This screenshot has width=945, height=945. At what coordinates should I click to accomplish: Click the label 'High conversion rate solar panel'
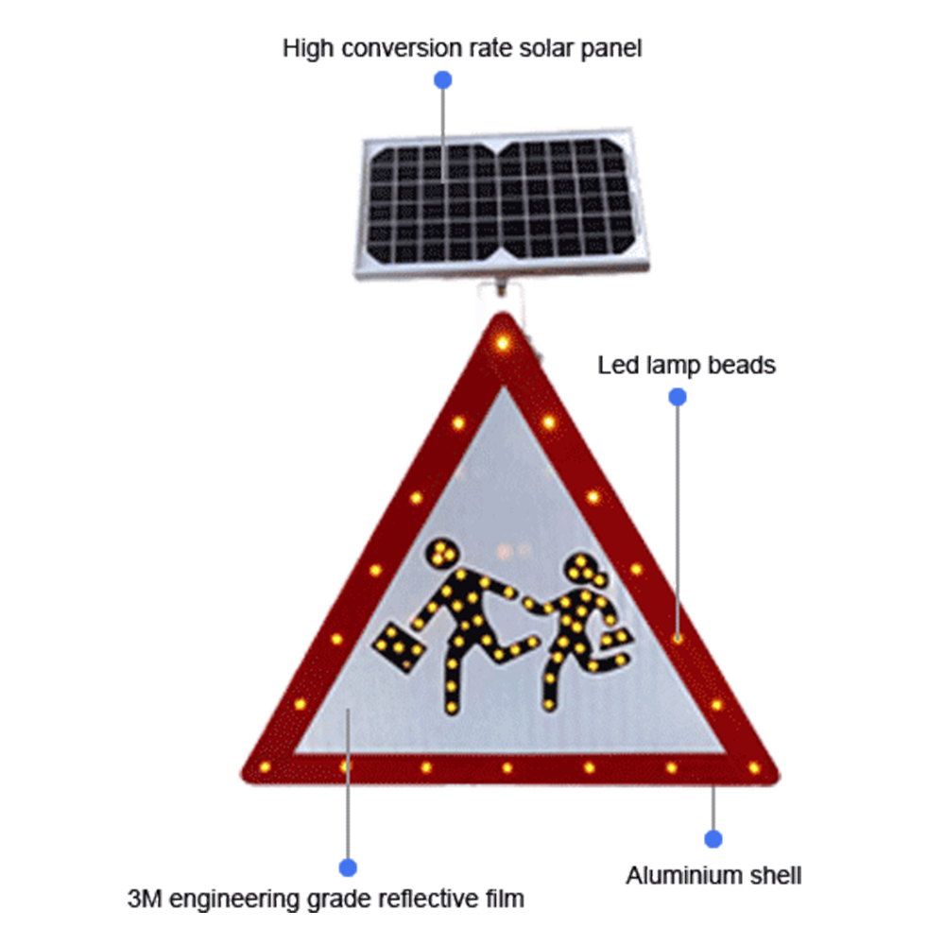pyautogui.click(x=462, y=49)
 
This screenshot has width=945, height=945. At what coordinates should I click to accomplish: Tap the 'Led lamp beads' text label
pyautogui.click(x=686, y=365)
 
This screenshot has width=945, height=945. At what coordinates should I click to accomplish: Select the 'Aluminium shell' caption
pyautogui.click(x=713, y=876)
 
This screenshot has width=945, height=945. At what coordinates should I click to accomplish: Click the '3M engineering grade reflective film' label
pyautogui.click(x=325, y=900)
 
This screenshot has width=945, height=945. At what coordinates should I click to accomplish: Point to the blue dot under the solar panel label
pyautogui.click(x=443, y=80)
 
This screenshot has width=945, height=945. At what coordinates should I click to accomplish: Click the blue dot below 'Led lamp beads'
pyautogui.click(x=678, y=397)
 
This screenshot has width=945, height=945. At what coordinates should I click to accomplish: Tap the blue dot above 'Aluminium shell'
pyautogui.click(x=713, y=839)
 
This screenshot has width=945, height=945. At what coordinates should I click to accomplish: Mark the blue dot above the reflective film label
pyautogui.click(x=348, y=868)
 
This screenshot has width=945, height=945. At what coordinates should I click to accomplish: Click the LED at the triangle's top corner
pyautogui.click(x=503, y=344)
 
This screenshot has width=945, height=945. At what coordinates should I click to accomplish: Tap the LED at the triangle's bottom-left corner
pyautogui.click(x=265, y=767)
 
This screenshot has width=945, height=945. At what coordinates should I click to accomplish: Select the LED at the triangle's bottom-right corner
pyautogui.click(x=754, y=767)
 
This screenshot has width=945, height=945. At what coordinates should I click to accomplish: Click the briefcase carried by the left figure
pyautogui.click(x=399, y=647)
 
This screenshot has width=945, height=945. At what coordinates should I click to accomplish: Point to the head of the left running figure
pyautogui.click(x=441, y=553)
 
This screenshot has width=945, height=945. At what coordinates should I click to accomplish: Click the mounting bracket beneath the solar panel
pyautogui.click(x=501, y=287)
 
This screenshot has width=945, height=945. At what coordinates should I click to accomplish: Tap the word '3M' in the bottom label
pyautogui.click(x=145, y=899)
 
